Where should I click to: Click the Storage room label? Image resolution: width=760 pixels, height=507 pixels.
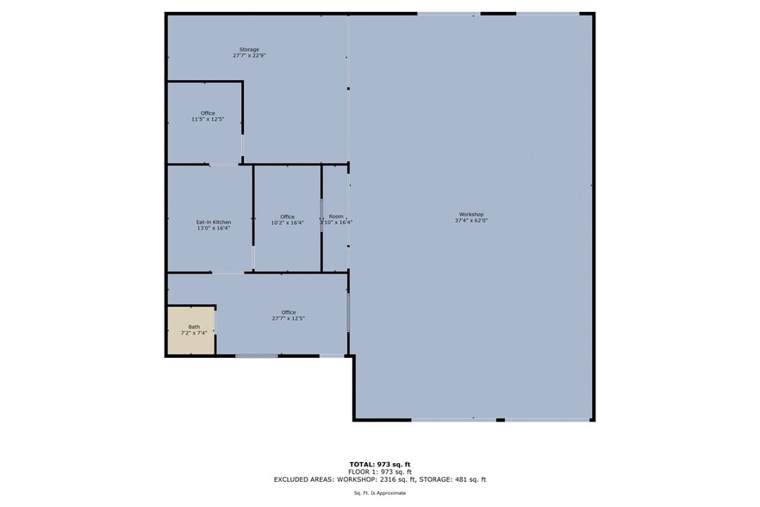click(x=249, y=49)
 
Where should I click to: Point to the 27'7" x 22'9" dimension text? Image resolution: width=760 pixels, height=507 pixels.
click(x=249, y=56)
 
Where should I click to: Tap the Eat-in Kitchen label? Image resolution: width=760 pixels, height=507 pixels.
click(x=213, y=222)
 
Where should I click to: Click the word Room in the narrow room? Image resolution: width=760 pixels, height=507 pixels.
click(x=336, y=216)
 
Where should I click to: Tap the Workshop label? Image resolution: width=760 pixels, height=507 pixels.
click(x=470, y=214)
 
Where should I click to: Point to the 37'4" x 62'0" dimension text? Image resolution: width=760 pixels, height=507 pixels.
click(x=471, y=221)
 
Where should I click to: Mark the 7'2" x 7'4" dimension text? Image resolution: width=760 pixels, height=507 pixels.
click(x=194, y=333)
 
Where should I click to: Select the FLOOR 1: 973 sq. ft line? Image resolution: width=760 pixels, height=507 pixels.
click(x=380, y=472)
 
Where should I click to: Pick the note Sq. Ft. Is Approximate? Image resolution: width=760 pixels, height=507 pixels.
click(x=380, y=493)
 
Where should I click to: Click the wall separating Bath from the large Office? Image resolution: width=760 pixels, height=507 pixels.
click(x=215, y=332)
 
